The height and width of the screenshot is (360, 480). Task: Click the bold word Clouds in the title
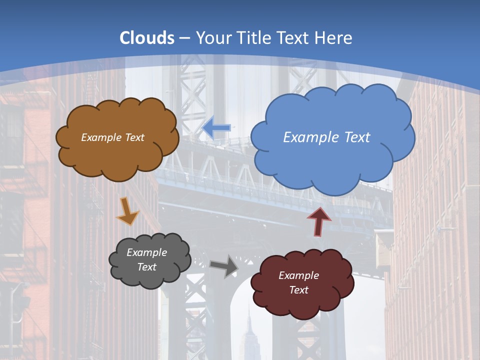(147, 38)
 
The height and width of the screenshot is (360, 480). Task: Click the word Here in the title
(333, 38)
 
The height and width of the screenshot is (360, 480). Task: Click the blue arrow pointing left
(216, 128)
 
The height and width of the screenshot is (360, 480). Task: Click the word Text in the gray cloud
(147, 267)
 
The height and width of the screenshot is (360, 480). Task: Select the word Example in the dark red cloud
(298, 275)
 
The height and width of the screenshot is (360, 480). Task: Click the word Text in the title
(293, 38)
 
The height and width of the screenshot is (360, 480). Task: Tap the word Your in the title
(212, 38)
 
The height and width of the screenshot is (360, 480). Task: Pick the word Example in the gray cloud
(147, 252)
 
